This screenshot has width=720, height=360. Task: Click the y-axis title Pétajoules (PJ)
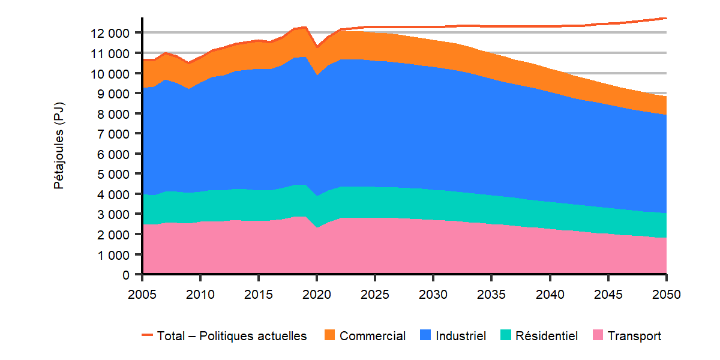59,146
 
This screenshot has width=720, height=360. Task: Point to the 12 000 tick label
110,32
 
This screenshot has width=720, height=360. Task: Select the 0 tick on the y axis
126,275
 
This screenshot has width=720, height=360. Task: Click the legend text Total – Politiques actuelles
232,336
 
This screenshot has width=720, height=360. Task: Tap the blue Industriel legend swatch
425,336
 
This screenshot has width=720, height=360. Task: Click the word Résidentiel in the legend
547,336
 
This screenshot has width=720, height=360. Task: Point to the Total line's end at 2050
666,18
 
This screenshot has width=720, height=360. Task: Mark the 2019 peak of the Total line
305,27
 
